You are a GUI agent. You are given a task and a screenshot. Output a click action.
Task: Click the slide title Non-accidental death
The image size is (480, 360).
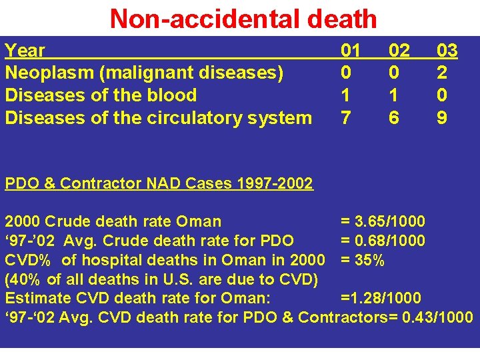pos(243,18)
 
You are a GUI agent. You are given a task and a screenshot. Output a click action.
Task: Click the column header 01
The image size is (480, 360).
pos(351,51)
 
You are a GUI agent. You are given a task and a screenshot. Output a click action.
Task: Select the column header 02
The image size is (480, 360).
pos(399,51)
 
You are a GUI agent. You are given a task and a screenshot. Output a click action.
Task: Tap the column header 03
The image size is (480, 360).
pos(447,51)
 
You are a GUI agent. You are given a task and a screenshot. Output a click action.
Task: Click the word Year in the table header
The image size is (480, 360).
pos(25,51)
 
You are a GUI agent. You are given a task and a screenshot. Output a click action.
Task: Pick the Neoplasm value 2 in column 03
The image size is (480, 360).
pos(442,73)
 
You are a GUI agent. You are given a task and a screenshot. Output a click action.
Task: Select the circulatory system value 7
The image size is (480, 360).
pos(345,118)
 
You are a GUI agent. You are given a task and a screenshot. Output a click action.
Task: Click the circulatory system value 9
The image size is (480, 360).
pos(442,118)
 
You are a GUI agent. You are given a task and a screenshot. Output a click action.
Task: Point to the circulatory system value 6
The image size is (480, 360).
pos(394,118)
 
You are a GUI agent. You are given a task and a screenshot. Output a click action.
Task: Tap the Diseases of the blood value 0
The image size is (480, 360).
pos(442,95)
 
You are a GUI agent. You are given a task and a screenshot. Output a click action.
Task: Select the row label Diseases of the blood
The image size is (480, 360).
pos(101,95)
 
